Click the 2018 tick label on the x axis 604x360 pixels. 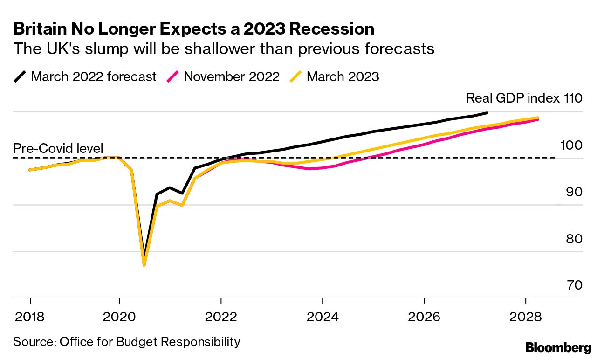pyautogui.click(x=30, y=317)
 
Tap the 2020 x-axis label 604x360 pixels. pyautogui.click(x=119, y=317)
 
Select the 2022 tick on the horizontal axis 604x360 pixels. pyautogui.click(x=221, y=317)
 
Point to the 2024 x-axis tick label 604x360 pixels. pyautogui.click(x=323, y=317)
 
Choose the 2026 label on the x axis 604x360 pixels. pyautogui.click(x=424, y=317)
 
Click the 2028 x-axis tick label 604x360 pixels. pyautogui.click(x=526, y=317)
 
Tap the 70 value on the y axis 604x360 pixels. pyautogui.click(x=572, y=285)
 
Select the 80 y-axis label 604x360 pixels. pyautogui.click(x=572, y=238)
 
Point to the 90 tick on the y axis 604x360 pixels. pyautogui.click(x=572, y=192)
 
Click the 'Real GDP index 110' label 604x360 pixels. pyautogui.click(x=524, y=98)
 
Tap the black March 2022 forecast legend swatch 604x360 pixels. pyautogui.click(x=20, y=76)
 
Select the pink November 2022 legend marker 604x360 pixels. pyautogui.click(x=173, y=76)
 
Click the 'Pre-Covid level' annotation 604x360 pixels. pyautogui.click(x=58, y=148)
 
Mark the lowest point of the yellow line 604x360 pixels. pyautogui.click(x=144, y=265)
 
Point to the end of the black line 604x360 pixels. pyautogui.click(x=487, y=113)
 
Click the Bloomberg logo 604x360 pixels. pyautogui.click(x=558, y=347)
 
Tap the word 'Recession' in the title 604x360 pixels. pyautogui.click(x=331, y=29)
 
